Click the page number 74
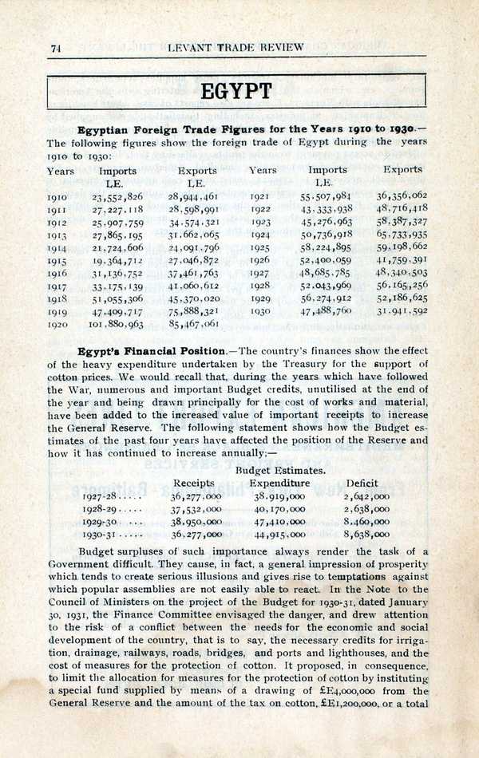(56, 48)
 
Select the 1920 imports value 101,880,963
(117, 325)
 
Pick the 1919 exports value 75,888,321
(194, 310)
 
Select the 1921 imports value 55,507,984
(326, 195)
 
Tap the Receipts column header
(194, 484)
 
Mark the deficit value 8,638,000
(366, 535)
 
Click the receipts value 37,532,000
(196, 507)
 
